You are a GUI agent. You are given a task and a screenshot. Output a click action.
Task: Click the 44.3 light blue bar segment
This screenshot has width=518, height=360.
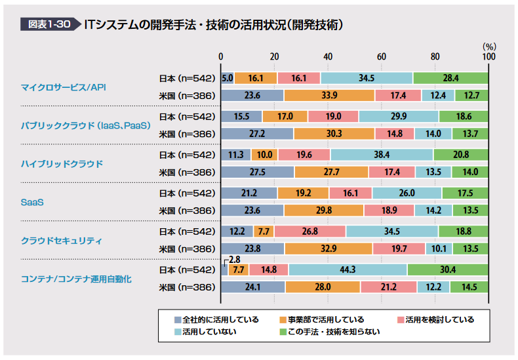coord(348,270)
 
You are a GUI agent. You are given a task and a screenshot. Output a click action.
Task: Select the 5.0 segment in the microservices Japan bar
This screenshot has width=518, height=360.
coord(228,78)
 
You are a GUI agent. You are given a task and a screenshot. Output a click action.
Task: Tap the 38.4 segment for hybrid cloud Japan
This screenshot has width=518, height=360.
coord(382,155)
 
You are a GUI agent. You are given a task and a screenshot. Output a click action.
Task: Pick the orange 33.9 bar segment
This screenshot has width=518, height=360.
coord(329,96)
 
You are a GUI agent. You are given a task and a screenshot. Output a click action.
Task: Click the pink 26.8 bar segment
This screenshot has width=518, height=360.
coord(310,231)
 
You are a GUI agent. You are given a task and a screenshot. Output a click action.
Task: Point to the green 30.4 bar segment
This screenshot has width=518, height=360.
coord(448,270)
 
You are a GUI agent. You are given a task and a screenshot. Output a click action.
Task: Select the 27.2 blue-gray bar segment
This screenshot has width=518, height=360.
coord(257,134)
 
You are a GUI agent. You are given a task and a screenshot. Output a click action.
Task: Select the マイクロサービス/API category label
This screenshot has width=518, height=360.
coord(64,87)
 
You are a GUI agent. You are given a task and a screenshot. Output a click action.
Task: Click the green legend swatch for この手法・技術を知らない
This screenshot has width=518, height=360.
coord(283,332)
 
